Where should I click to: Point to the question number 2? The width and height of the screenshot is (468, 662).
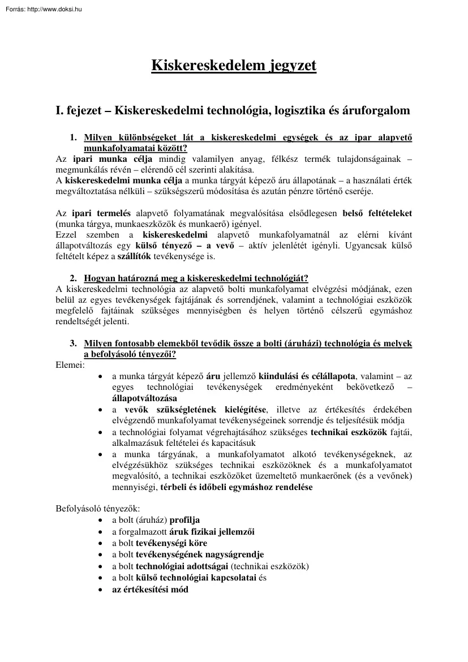73,278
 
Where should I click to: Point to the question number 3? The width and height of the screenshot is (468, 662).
73,343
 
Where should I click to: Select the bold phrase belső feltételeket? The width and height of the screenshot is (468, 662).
377,213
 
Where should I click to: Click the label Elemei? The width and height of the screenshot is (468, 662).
71,365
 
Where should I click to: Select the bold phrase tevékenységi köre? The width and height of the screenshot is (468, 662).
171,543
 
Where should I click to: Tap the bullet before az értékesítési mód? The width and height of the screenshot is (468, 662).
100,589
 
